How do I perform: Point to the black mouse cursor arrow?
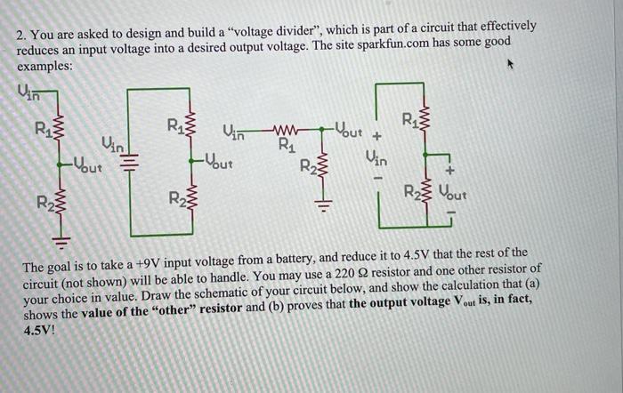point(510,65)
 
